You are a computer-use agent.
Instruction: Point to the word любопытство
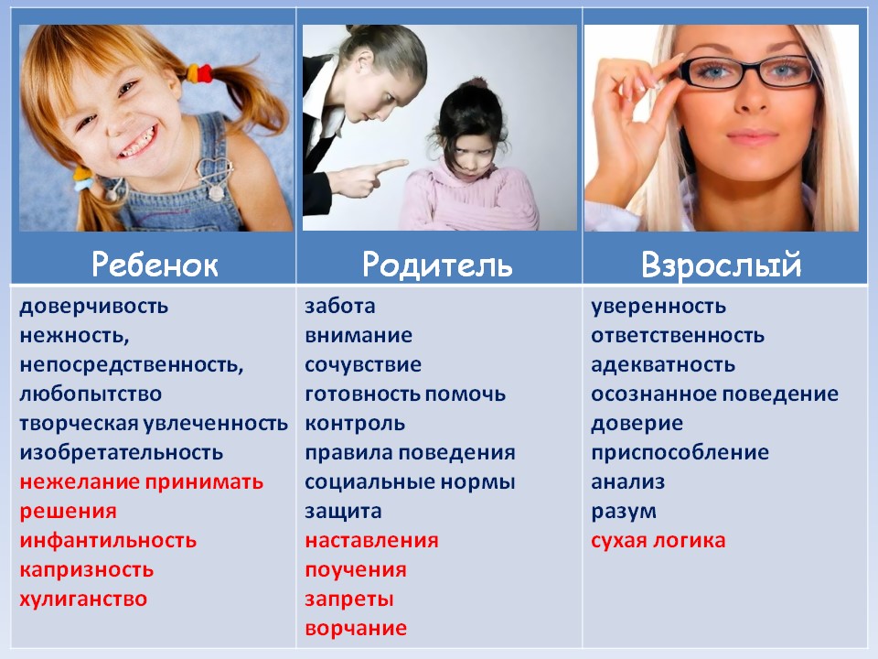pos(91,394)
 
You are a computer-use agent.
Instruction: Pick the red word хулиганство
pos(83,599)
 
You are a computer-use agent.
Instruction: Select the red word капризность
pos(87,569)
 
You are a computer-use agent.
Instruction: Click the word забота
pos(340,306)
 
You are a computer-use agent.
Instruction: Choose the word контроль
pos(355,423)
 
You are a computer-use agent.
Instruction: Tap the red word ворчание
pos(356,628)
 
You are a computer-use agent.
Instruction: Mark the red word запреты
pos(349,599)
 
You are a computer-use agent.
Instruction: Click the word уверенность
pos(658,306)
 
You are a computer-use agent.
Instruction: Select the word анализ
pos(627,481)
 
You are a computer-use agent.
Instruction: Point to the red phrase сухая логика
pos(658,540)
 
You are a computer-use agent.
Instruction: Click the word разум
pos(624,511)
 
